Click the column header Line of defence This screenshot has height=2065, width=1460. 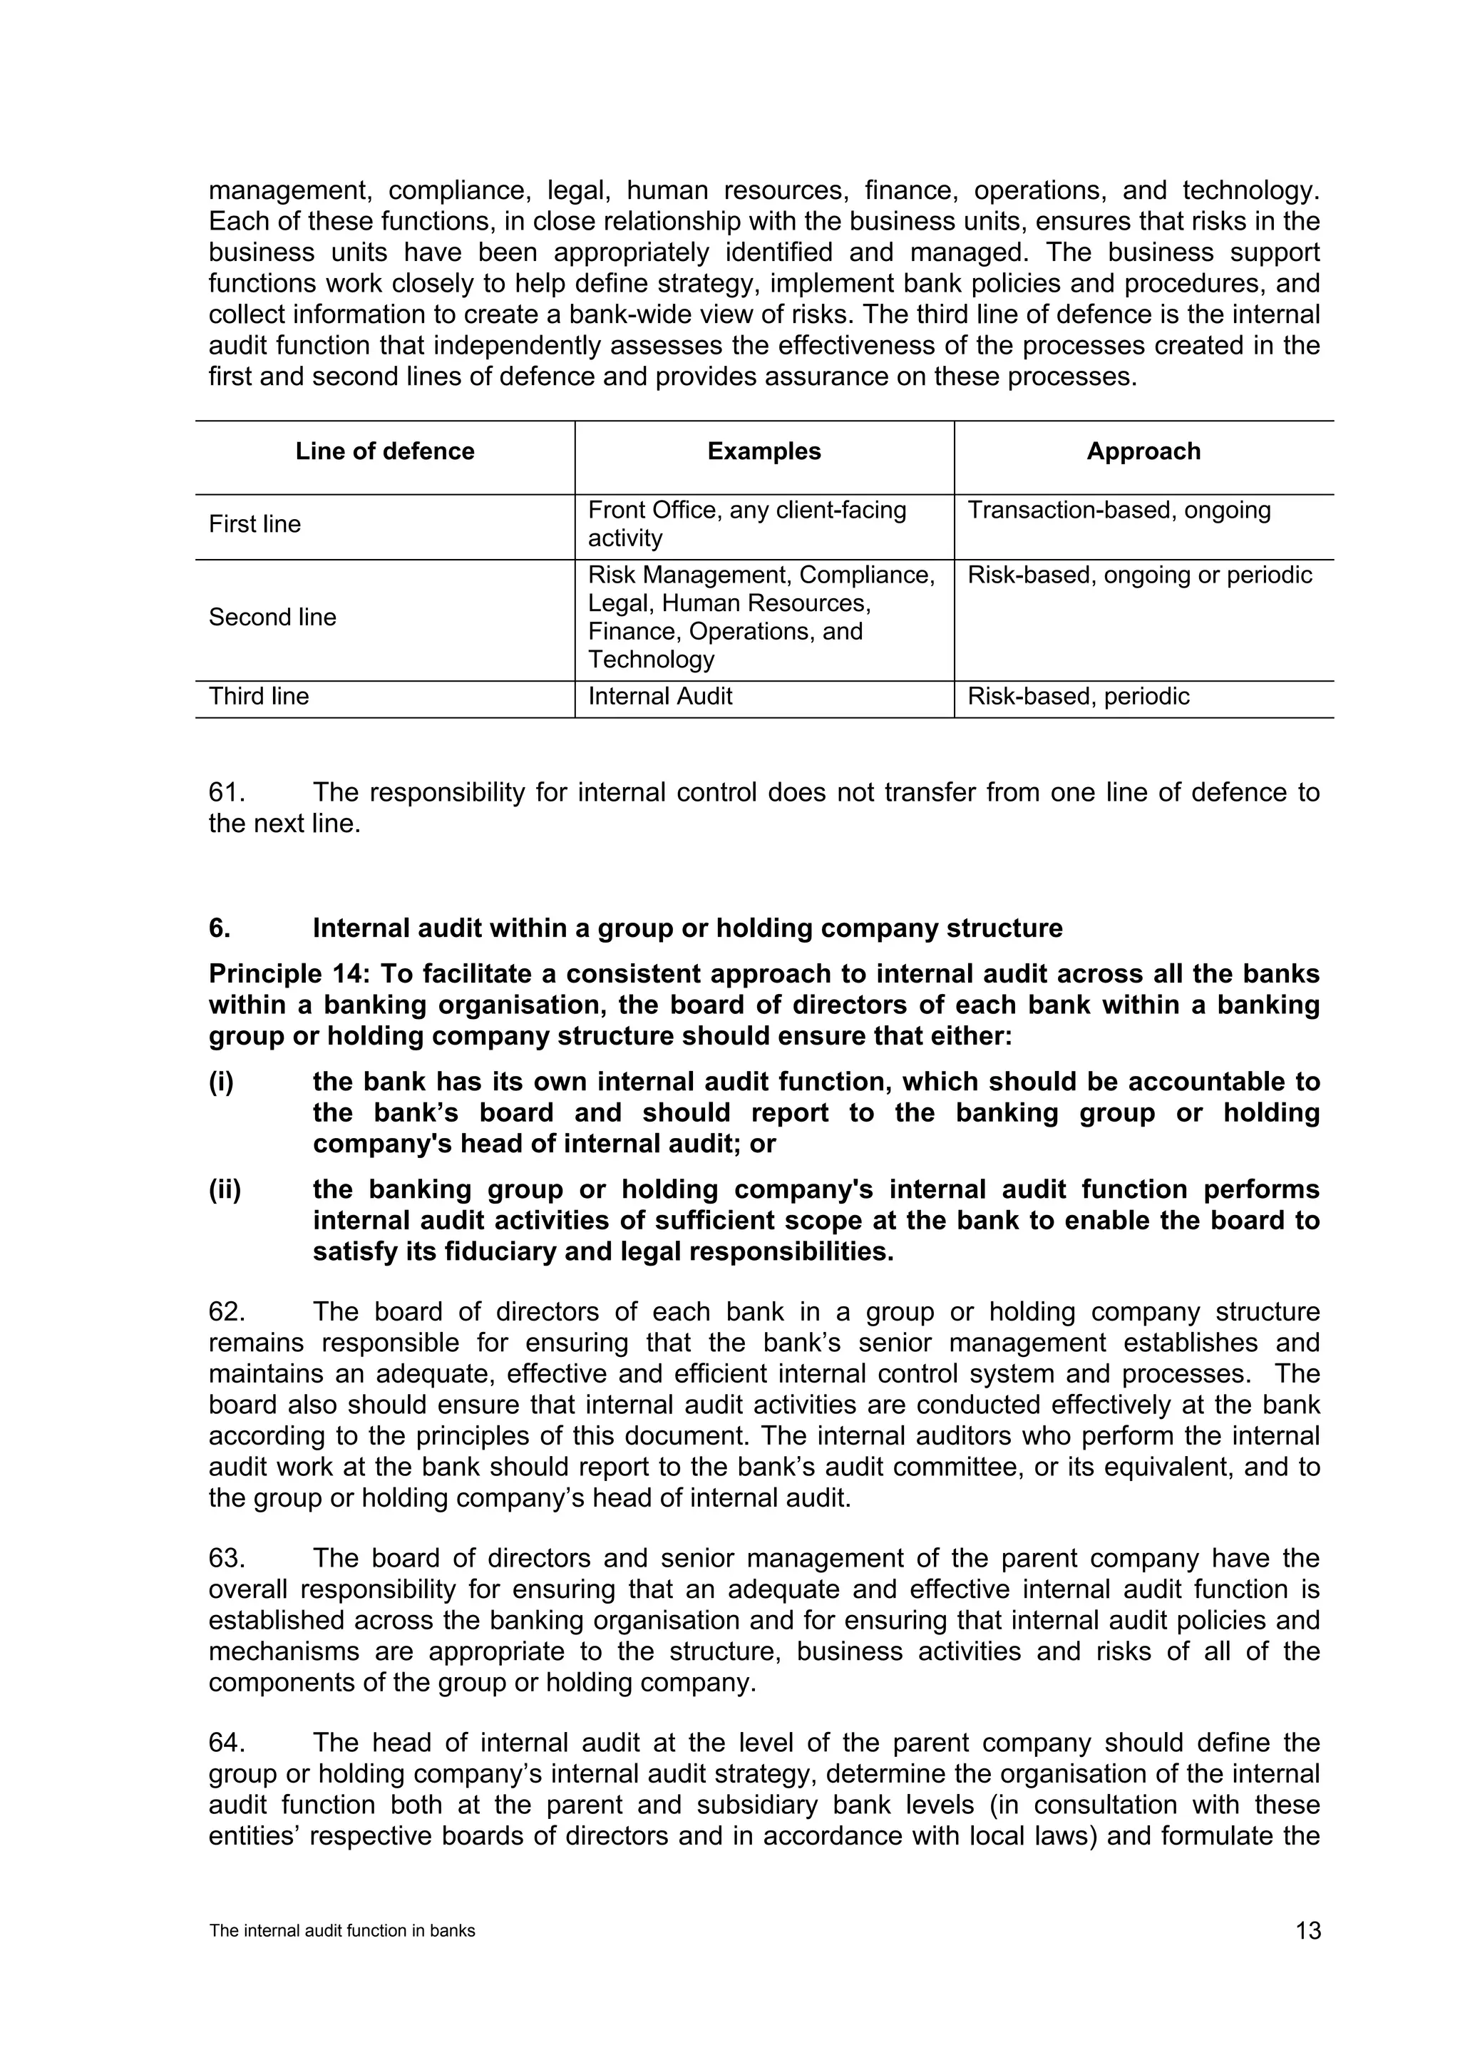[x=385, y=451]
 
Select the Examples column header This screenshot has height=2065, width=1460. [x=764, y=451]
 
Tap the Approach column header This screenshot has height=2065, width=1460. [x=1143, y=451]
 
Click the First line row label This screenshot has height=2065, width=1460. [x=255, y=524]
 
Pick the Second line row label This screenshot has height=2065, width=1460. [x=272, y=617]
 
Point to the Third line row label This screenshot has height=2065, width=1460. [x=259, y=696]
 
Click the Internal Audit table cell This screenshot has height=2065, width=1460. [x=660, y=696]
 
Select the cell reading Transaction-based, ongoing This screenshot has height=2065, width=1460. [x=1119, y=510]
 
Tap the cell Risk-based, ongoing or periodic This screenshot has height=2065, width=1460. [x=1139, y=575]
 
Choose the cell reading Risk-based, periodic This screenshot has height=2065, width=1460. [x=1078, y=696]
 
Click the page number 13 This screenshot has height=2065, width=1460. [x=1308, y=1931]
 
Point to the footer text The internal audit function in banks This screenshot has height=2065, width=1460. [x=341, y=1931]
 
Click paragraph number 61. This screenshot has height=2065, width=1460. [x=227, y=792]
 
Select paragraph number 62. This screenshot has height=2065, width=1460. [x=227, y=1312]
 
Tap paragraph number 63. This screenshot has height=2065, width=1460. [x=227, y=1559]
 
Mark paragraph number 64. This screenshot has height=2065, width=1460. [x=227, y=1743]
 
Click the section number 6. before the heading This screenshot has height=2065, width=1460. [x=220, y=928]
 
